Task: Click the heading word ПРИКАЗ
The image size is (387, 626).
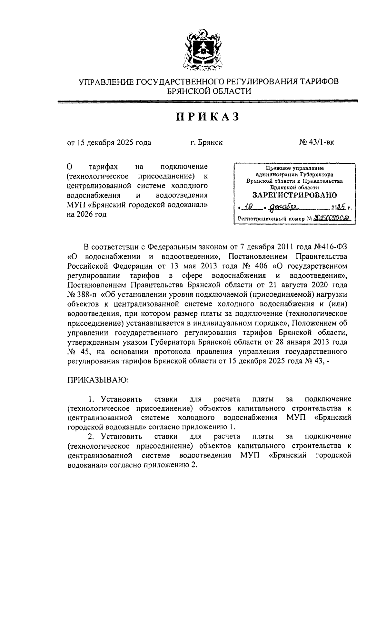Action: coord(208,117)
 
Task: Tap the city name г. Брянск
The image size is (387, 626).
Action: coord(206,142)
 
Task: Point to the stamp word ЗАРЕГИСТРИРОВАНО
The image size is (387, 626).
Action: coord(294,195)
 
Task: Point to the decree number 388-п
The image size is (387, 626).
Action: coord(87,294)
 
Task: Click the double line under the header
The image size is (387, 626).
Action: coord(208,101)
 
